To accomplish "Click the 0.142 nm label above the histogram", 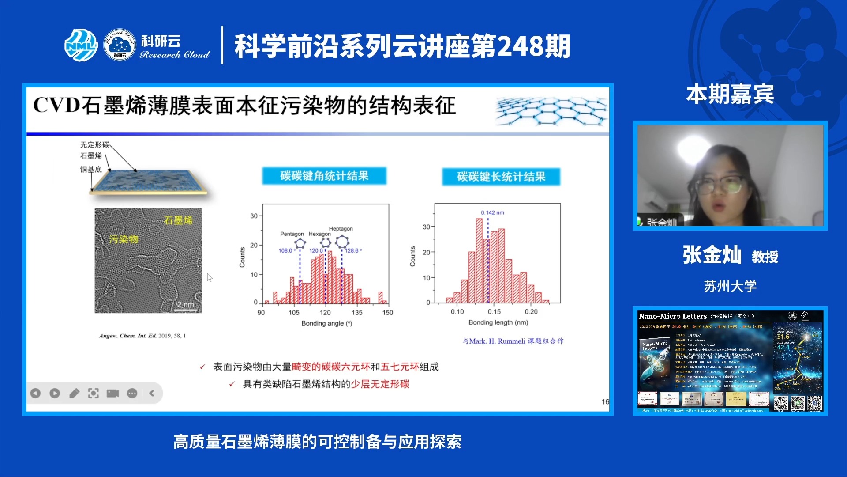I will pos(492,212).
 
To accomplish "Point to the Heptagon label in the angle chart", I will pos(341,228).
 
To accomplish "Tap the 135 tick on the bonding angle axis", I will pos(357,312).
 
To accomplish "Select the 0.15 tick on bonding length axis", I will pos(494,311).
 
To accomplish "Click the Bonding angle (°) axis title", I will pos(326,323).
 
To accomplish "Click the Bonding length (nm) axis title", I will pos(498,322).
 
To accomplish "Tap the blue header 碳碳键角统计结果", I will pos(324,176).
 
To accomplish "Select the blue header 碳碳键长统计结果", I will pos(501,177).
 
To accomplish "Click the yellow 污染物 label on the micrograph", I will pos(124,239).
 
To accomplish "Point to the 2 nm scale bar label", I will pos(185,304).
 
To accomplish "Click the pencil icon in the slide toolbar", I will pos(74,393).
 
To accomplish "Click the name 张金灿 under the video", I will pos(712,255).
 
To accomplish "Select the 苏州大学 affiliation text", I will pos(730,286).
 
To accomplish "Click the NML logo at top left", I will pos(81,45).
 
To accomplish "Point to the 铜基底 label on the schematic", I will pos(91,169).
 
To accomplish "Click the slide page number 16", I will pos(605,401).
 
